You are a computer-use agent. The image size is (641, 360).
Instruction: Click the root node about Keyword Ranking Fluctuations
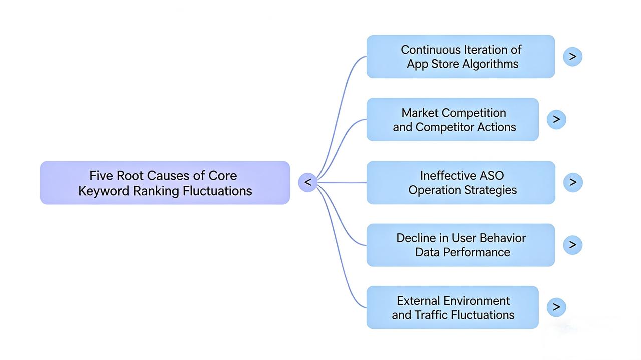pos(165,183)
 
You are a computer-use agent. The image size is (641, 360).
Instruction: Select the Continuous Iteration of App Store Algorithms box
pos(460,57)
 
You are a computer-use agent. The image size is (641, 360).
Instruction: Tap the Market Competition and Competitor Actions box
pos(452,120)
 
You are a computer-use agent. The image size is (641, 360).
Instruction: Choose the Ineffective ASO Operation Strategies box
pos(460,183)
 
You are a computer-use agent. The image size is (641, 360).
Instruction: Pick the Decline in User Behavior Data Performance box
pos(460,245)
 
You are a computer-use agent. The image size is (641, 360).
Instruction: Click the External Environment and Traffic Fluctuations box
pos(452,308)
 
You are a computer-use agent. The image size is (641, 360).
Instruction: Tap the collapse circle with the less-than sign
pos(307,182)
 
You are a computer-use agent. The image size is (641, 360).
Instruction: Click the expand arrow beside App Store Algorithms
pos(572,57)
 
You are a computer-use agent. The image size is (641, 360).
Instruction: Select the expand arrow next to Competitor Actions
pos(556,119)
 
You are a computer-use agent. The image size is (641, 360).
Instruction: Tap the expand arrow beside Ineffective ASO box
pos(572,182)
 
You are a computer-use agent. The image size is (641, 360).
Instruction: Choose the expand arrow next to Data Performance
pos(572,245)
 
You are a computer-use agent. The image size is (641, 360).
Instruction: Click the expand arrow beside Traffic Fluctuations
pos(556,307)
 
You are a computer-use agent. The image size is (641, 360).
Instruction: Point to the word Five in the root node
pos(101,176)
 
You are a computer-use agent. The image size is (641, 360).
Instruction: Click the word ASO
pos(492,176)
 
